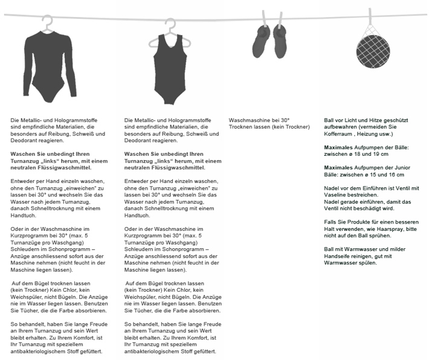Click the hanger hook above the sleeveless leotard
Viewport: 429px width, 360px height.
[x=172, y=24]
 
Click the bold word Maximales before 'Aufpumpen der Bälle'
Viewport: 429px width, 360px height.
[x=340, y=147]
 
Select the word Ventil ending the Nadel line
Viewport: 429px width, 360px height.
[x=411, y=188]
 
